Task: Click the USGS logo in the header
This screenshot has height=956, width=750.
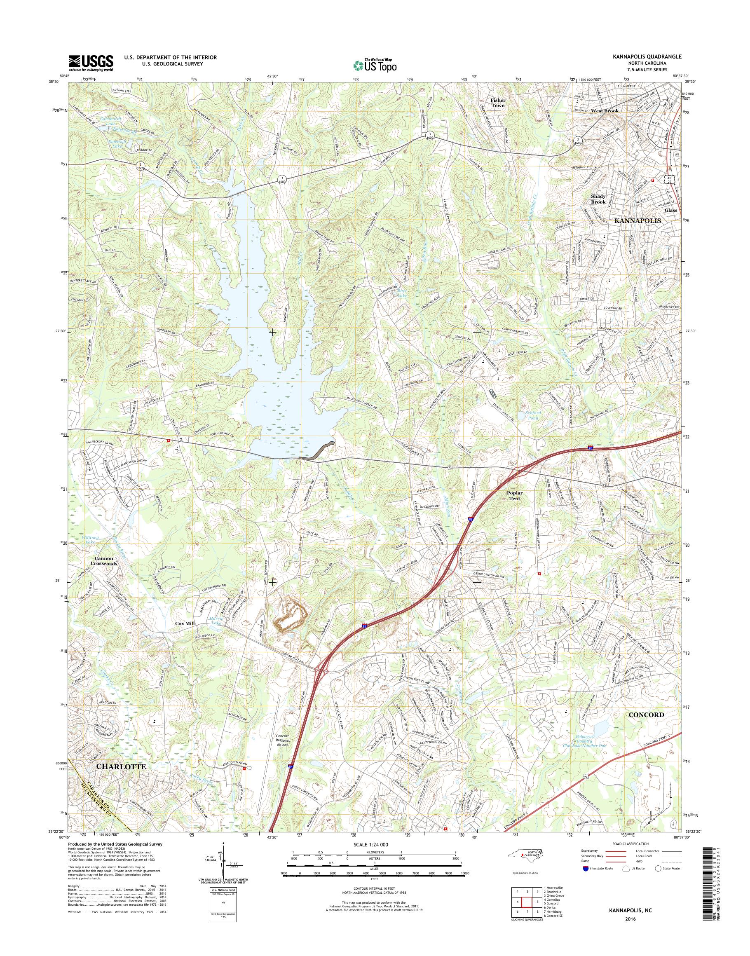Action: pyautogui.click(x=91, y=63)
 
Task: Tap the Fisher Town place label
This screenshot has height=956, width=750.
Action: pyautogui.click(x=498, y=103)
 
